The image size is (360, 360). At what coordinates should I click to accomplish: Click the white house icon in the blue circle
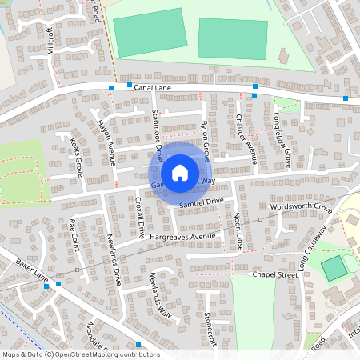pyautogui.click(x=180, y=172)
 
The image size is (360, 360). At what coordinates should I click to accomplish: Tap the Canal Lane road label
pyautogui.click(x=154, y=88)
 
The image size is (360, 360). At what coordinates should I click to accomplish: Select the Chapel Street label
pyautogui.click(x=274, y=274)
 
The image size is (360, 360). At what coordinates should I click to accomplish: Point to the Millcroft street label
pyautogui.click(x=51, y=39)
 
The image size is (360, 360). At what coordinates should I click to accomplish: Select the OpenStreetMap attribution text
pyautogui.click(x=80, y=354)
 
